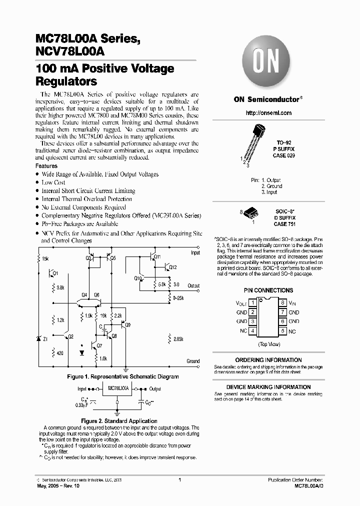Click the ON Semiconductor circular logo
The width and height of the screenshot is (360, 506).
[x=268, y=63]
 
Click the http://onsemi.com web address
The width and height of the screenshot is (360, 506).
[x=268, y=113]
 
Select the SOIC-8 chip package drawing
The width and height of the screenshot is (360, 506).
[x=252, y=214]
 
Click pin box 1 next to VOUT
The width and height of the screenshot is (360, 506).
[x=253, y=302]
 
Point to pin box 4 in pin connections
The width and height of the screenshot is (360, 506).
[x=253, y=331]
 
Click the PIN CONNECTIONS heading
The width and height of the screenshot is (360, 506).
[x=268, y=290]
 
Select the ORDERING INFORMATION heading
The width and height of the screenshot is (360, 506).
[x=268, y=360]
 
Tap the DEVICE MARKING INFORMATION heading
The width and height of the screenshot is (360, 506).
[x=268, y=387]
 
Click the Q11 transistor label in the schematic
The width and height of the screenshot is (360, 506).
[x=157, y=256]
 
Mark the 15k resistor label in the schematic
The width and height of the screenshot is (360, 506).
[x=45, y=259]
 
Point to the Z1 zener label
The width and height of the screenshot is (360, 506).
[x=45, y=339]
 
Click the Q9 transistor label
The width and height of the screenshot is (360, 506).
[x=128, y=325]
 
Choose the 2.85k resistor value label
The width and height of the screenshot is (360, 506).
[x=178, y=339]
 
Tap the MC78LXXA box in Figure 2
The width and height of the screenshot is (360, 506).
[x=118, y=387]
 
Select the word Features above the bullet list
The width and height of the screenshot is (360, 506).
[x=46, y=166]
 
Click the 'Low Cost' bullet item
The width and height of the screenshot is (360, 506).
[x=53, y=182]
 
